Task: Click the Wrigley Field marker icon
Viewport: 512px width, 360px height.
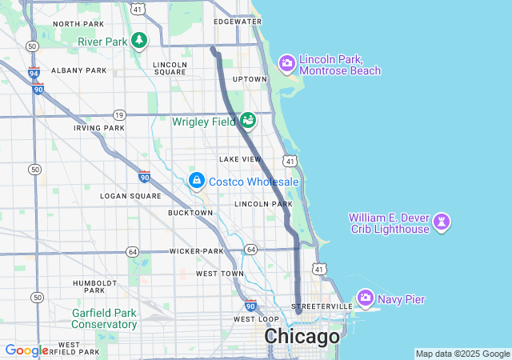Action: point(248,120)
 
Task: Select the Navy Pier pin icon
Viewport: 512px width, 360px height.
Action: point(366,298)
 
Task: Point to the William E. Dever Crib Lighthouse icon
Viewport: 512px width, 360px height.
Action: point(441,221)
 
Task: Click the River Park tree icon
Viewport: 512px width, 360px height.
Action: point(139,40)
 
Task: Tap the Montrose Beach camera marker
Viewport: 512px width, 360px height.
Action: point(287,63)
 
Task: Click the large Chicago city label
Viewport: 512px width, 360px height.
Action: point(302,337)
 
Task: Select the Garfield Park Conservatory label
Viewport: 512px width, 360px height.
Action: point(104,318)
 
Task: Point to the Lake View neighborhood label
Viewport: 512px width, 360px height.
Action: point(240,159)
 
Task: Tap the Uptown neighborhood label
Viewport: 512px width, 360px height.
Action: point(249,79)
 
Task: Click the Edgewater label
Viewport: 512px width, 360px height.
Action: point(238,22)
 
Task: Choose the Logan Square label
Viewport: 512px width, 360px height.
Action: point(130,195)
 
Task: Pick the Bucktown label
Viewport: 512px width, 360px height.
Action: point(190,213)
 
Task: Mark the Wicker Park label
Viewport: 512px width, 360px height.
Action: point(196,251)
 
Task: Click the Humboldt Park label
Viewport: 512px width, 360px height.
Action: point(95,288)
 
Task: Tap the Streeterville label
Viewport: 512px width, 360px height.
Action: point(322,306)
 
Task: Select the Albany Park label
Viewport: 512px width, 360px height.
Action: point(78,70)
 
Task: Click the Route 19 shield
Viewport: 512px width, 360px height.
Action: point(118,115)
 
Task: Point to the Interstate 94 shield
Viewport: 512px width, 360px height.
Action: point(34,74)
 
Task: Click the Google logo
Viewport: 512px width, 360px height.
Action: point(26,350)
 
